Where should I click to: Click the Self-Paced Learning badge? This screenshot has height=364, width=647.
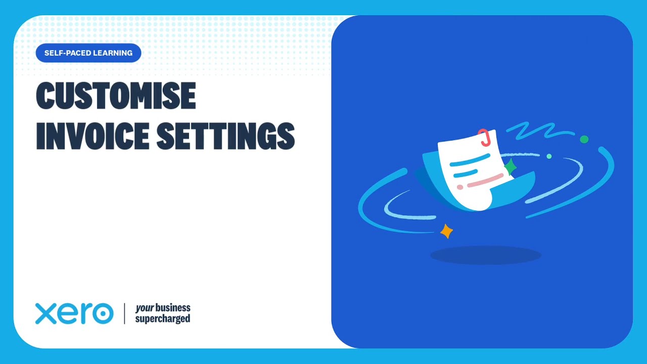point(88,53)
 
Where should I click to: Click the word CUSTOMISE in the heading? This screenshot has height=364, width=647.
point(116,96)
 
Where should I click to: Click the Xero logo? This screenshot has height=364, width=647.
point(74,313)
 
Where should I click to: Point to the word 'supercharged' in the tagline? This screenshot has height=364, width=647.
point(162,319)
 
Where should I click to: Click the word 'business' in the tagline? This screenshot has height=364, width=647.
point(173,308)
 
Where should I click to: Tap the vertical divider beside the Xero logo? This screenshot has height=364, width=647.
point(124,313)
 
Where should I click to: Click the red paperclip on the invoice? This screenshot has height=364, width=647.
point(484,137)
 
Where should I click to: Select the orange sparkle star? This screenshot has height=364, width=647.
point(446,232)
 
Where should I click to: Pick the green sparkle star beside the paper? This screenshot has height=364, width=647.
point(510,166)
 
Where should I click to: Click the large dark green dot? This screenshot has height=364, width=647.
point(584,139)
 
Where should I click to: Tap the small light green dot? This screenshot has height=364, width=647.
point(549,156)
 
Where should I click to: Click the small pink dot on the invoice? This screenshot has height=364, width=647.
point(460,187)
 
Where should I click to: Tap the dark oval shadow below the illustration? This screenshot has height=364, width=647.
point(485,255)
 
